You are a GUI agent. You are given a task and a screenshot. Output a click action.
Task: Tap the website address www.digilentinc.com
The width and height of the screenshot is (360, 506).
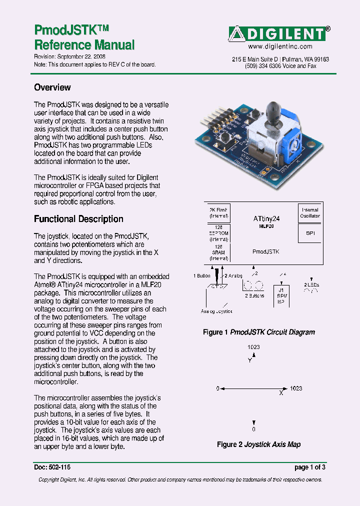pyautogui.click(x=280, y=46)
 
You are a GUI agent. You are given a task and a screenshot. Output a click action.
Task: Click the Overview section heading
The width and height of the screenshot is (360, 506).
pyautogui.click(x=52, y=87)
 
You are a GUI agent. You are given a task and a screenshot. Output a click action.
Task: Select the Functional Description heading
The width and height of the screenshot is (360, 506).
pyautogui.click(x=78, y=219)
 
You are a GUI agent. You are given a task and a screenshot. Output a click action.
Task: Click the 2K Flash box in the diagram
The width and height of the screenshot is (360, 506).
pyautogui.click(x=218, y=213)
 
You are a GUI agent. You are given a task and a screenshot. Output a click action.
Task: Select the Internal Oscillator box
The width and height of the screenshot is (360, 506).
pyautogui.click(x=310, y=213)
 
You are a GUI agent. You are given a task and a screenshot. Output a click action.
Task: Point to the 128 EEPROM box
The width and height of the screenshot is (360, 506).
pyautogui.click(x=218, y=233)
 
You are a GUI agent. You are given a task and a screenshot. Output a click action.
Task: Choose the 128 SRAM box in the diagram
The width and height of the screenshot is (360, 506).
pyautogui.click(x=218, y=252)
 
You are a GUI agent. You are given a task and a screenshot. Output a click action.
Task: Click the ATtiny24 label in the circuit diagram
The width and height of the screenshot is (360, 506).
pyautogui.click(x=267, y=218)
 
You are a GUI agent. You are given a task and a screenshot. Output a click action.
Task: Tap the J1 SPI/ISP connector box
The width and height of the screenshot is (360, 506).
pyautogui.click(x=282, y=295)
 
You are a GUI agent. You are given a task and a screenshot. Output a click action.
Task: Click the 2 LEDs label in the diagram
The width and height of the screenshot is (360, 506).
pyautogui.click(x=312, y=284)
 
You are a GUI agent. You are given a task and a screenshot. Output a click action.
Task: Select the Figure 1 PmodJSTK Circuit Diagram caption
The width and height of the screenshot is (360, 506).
pyautogui.click(x=258, y=332)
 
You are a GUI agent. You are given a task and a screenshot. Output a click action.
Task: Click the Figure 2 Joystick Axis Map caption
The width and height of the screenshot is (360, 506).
pyautogui.click(x=258, y=444)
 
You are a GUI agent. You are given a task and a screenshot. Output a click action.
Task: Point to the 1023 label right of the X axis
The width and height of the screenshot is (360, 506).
pyautogui.click(x=296, y=388)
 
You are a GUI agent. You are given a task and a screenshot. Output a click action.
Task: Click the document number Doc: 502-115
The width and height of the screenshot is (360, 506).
pyautogui.click(x=52, y=467)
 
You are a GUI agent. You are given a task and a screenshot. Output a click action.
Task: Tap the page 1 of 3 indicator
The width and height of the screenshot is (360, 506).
pyautogui.click(x=310, y=467)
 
